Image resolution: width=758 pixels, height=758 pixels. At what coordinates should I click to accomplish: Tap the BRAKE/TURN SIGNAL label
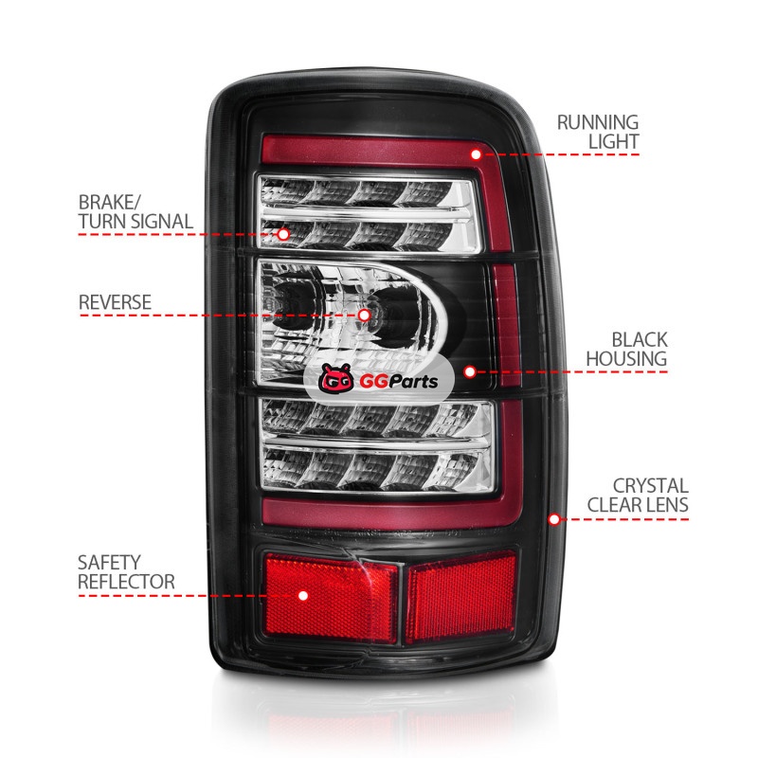pos(135,212)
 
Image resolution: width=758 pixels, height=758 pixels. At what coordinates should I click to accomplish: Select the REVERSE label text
pos(115,302)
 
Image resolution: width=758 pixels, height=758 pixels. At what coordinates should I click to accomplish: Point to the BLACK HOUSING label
pos(625,349)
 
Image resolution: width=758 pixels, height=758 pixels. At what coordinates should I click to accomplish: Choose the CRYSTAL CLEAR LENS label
pos(637,494)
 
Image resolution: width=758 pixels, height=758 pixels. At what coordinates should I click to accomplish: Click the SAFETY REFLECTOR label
pos(126,572)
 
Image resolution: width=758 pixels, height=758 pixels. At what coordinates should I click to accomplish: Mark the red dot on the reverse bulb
pos(363,314)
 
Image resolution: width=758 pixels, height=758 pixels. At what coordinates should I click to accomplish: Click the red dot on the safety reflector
pos(303,596)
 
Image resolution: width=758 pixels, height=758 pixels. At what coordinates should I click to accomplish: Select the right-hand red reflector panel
pos(460,597)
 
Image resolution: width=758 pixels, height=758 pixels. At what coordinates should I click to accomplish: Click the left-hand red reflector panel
pos(332,597)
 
